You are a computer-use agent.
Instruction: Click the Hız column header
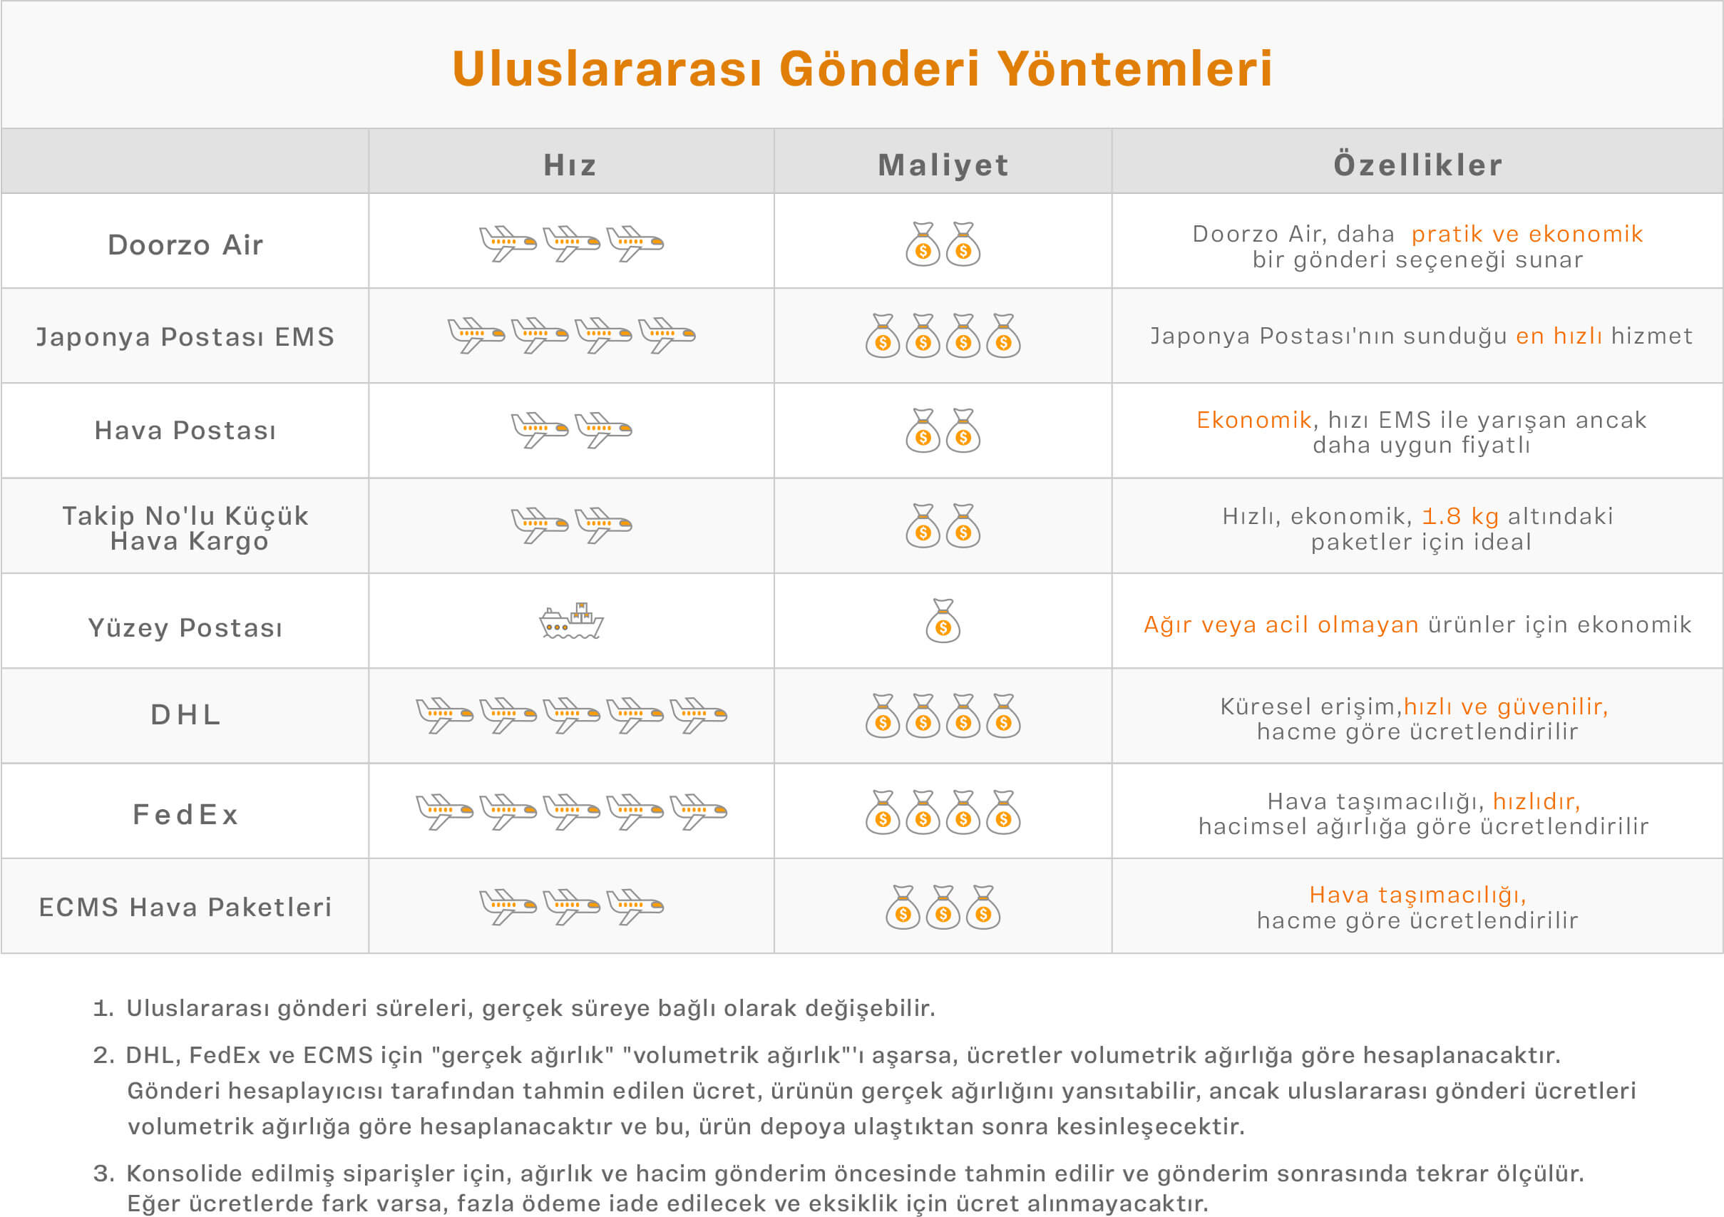(570, 165)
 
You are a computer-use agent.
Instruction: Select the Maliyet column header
(943, 165)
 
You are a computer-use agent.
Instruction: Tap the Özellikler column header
(1417, 165)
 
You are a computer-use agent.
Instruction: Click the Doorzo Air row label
(185, 245)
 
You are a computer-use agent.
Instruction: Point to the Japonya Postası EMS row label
(185, 337)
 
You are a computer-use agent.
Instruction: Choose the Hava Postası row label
(185, 430)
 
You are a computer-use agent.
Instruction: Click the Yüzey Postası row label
(185, 627)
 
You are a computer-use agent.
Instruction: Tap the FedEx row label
(185, 814)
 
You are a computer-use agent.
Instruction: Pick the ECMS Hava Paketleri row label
(185, 907)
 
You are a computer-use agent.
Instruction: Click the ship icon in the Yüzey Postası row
(571, 621)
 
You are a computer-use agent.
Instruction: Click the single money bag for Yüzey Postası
(943, 621)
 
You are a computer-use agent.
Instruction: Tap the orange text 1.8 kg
(1460, 515)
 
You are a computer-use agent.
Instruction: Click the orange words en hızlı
(1559, 336)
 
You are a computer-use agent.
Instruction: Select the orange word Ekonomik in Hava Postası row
(1254, 420)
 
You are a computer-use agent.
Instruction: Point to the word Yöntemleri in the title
(1134, 68)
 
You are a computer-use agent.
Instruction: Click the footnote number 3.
(103, 1174)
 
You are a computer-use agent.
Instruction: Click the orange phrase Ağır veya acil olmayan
(1281, 625)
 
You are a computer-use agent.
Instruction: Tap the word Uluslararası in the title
(607, 68)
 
